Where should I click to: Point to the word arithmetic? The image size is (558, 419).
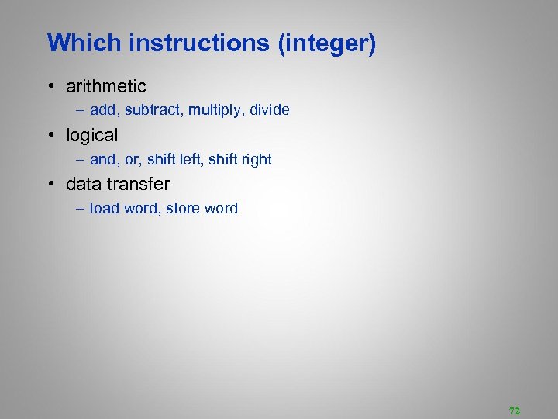[x=106, y=86]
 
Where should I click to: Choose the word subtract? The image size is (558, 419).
[x=151, y=110]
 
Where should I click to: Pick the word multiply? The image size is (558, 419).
[x=213, y=110]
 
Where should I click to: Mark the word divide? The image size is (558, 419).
[x=270, y=110]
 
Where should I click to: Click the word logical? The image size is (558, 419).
[x=92, y=135]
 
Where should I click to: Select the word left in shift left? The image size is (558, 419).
[x=191, y=159]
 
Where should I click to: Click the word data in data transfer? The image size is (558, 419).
[x=83, y=184]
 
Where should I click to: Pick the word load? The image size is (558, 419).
[x=104, y=208]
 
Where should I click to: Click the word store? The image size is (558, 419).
[x=183, y=208]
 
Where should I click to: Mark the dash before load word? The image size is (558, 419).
[x=81, y=208]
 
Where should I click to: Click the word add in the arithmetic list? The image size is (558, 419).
[x=104, y=110]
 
